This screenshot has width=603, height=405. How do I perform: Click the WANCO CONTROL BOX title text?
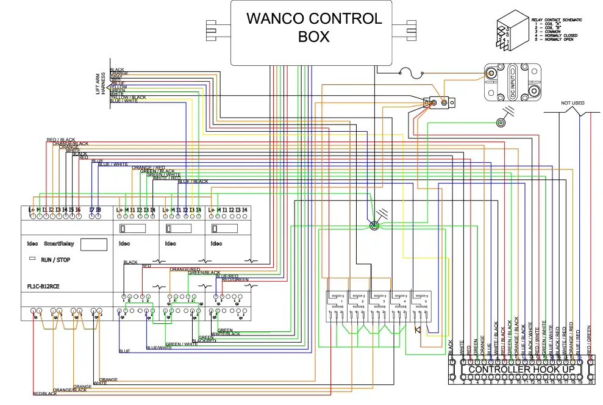click(x=314, y=27)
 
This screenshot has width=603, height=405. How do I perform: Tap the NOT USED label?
click(x=573, y=103)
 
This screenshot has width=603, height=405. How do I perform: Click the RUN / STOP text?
click(x=55, y=260)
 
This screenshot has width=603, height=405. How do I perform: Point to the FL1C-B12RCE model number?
click(x=43, y=286)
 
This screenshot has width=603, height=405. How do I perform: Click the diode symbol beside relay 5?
click(x=418, y=330)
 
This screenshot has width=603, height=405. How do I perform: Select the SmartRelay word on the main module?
click(x=59, y=243)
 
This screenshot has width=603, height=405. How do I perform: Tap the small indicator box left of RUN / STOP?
click(x=32, y=259)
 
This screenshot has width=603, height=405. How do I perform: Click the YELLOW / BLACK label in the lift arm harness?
click(x=128, y=97)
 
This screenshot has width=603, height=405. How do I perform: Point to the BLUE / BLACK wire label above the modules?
click(x=193, y=181)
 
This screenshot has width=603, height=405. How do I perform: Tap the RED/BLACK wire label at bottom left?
click(x=45, y=394)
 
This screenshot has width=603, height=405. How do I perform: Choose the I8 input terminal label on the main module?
click(x=98, y=210)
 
